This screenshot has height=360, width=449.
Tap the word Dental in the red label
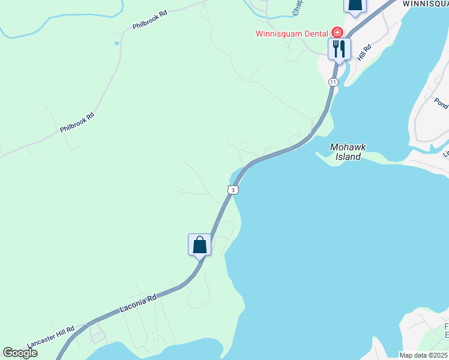tap(313, 33)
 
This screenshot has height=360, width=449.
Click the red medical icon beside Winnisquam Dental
tap(337, 32)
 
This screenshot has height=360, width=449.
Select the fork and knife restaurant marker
tap(339, 48)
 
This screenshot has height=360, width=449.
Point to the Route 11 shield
tap(333, 82)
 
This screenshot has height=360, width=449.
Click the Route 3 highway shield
tap(233, 190)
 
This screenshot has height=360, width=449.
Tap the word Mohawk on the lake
tap(348, 147)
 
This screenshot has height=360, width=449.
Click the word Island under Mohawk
tap(348, 157)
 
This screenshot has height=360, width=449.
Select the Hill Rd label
tap(364, 52)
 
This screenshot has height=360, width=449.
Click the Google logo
tap(20, 353)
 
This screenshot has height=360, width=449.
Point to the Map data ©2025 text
tap(424, 355)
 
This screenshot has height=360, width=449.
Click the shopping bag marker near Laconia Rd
tap(199, 244)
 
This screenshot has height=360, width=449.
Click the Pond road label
tap(441, 103)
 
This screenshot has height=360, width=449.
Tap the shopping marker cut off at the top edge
tap(354, 5)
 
